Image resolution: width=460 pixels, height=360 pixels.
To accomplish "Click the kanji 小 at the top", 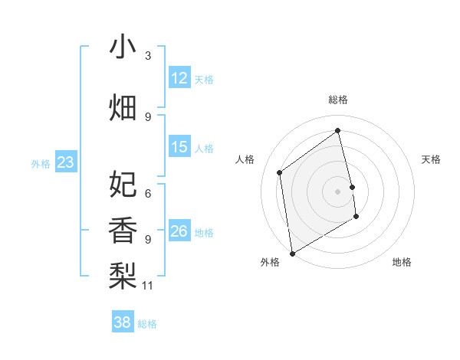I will tap(123, 47).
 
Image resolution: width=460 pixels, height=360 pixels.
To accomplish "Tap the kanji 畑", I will tap(123, 108).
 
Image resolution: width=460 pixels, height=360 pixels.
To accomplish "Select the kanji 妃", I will tap(123, 184).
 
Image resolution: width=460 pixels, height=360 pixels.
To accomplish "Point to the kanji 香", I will tap(123, 230).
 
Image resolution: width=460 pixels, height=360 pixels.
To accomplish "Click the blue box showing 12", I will tap(179, 78).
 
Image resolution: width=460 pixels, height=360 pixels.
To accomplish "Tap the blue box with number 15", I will tap(179, 147).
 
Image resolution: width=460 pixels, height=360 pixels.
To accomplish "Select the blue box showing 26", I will tap(179, 231).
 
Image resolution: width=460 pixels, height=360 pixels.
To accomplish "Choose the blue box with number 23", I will tap(65, 162).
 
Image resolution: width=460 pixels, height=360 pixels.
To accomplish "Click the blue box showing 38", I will tap(123, 322).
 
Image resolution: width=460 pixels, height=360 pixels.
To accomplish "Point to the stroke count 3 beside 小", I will tap(148, 56).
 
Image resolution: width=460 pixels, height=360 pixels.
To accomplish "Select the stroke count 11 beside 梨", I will tap(149, 286).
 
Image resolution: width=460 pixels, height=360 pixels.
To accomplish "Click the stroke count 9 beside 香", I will tap(148, 240).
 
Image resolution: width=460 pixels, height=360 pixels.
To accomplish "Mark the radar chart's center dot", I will tap(337, 191).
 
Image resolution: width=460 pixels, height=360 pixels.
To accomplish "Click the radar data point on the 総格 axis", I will tap(337, 130).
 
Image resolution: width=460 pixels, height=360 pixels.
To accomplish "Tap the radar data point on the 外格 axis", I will tap(292, 252).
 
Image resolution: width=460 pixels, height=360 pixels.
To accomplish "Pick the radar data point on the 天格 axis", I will tap(353, 186).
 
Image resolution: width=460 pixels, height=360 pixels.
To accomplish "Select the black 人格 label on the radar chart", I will tap(245, 160).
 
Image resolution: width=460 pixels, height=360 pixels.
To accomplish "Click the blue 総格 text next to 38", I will tap(147, 324).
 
